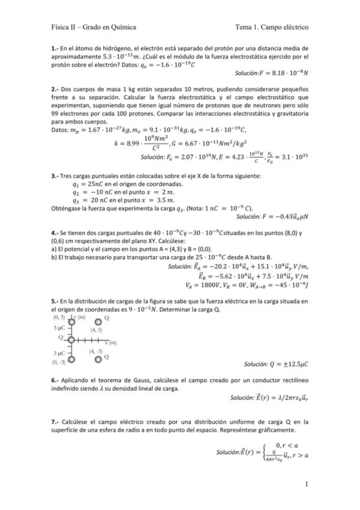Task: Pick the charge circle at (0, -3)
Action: (x=71, y=360)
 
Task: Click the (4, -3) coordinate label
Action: (x=96, y=351)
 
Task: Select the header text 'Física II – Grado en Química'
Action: (x=93, y=27)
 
